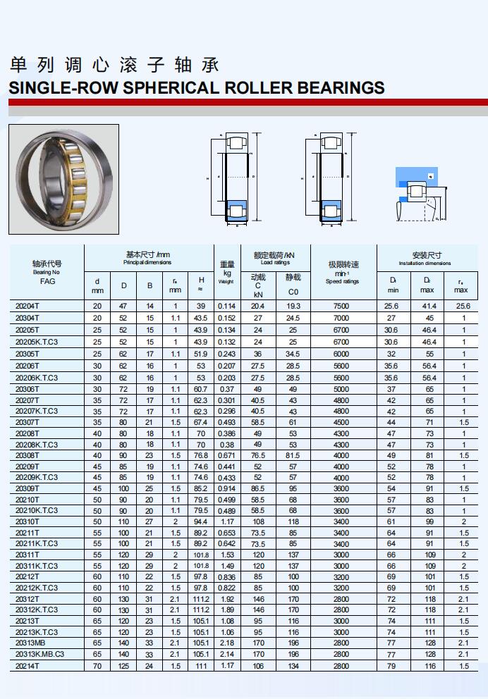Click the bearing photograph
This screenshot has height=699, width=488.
pyautogui.click(x=64, y=179)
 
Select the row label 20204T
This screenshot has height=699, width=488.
pyautogui.click(x=28, y=307)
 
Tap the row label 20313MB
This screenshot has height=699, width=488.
pyautogui.click(x=30, y=643)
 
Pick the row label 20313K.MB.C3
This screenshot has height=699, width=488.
pyautogui.click(x=39, y=654)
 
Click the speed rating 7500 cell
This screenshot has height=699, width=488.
pyautogui.click(x=341, y=307)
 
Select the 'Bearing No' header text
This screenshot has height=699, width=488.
pyautogui.click(x=47, y=272)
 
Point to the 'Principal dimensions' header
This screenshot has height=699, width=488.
pyautogui.click(x=147, y=262)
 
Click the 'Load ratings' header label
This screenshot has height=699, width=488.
pyautogui.click(x=275, y=262)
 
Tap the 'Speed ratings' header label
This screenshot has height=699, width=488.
pyautogui.click(x=342, y=281)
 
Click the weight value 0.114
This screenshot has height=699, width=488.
pyautogui.click(x=226, y=307)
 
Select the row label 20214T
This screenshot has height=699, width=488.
pyautogui.click(x=28, y=665)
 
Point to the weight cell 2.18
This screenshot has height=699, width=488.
pyautogui.click(x=226, y=643)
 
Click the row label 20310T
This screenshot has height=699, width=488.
pyautogui.click(x=28, y=522)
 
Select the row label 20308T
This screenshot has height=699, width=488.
pyautogui.click(x=28, y=456)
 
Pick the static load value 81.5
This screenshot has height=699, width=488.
pyautogui.click(x=293, y=456)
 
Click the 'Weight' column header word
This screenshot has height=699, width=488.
pyautogui.click(x=226, y=282)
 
